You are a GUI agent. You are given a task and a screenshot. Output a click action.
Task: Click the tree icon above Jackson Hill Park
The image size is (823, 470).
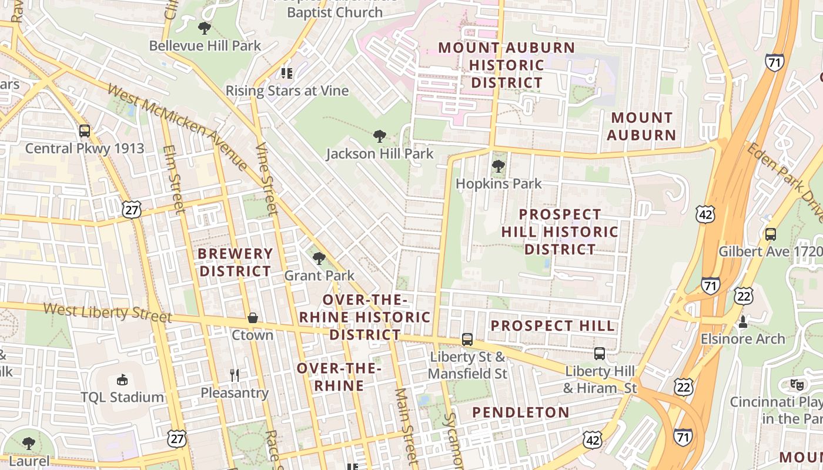click(380, 136)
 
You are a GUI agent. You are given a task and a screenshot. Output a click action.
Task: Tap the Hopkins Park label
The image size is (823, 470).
click(499, 183)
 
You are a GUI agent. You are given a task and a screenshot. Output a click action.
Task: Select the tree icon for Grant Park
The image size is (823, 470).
click(319, 258)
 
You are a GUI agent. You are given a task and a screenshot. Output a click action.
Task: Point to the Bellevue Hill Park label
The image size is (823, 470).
click(205, 46)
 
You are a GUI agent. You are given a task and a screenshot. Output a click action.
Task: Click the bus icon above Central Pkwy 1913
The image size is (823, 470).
click(85, 130)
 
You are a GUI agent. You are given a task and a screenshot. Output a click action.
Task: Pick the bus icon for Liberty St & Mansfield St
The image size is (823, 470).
click(467, 339)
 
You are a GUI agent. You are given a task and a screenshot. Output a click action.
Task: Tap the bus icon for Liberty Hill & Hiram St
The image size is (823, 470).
click(600, 354)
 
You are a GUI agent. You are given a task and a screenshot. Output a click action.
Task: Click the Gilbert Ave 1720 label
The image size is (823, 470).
click(770, 252)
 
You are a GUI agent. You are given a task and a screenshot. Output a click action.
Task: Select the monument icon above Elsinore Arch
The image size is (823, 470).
click(742, 321)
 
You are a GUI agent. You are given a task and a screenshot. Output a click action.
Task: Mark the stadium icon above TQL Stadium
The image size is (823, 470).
click(122, 380)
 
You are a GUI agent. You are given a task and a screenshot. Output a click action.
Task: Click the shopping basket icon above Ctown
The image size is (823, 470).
click(253, 318)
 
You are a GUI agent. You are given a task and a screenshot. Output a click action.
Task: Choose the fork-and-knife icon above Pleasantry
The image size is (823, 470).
click(235, 375)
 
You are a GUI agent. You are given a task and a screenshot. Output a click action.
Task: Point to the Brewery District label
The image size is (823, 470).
click(235, 263)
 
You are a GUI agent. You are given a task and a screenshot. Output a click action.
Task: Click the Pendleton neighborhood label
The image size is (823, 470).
click(521, 412)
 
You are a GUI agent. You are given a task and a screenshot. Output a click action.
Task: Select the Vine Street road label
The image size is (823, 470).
click(266, 179)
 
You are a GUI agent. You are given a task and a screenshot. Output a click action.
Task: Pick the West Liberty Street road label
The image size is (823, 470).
click(108, 312)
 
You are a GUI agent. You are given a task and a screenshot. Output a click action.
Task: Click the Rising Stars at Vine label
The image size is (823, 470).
click(287, 90)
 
